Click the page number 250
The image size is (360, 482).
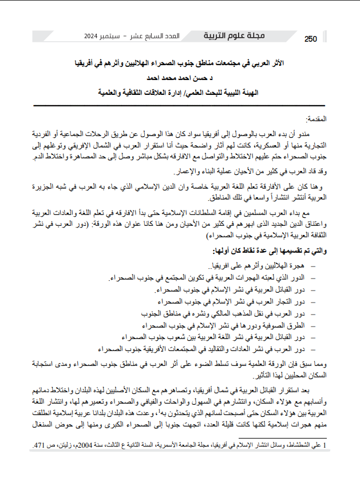310,39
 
